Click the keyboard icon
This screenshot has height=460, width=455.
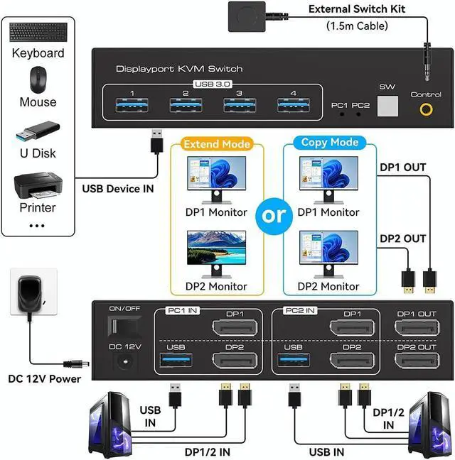38,33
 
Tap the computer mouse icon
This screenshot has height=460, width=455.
38,80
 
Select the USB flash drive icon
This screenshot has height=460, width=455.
38,133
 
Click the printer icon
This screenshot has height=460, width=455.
38,185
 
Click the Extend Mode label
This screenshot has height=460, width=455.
217,144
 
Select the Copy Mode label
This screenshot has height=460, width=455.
323,142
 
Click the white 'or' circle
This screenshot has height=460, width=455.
274,214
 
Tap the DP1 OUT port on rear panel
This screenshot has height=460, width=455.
416,328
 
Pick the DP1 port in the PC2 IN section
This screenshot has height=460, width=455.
352,328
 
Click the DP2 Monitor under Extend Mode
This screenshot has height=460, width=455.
216,254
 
